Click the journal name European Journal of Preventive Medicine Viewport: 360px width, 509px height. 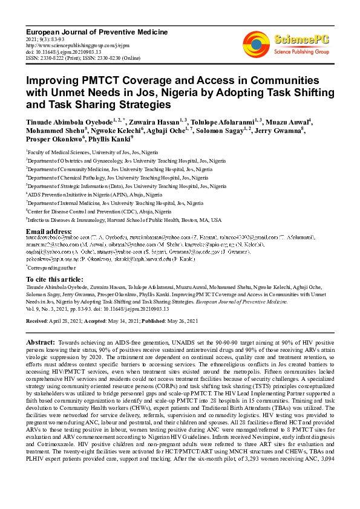tap(97, 31)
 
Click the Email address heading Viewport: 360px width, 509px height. tap(49, 232)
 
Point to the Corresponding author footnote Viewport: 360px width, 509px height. tap(51, 267)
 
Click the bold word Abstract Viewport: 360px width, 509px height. tap(42, 343)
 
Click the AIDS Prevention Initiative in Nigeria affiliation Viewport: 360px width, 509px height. tap(95, 195)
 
